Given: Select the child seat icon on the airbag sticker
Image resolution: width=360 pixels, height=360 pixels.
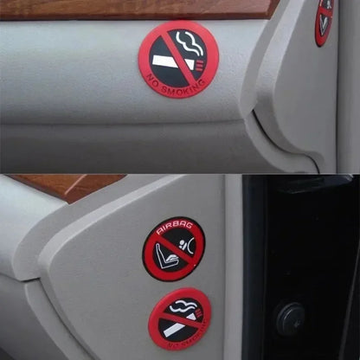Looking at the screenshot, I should pos(165,255).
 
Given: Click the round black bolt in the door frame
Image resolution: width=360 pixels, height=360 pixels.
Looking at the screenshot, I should pos(290,318).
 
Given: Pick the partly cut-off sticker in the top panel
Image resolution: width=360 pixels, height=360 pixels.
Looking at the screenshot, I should pos(324,21).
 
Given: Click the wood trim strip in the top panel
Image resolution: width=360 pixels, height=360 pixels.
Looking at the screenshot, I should pos(130,8).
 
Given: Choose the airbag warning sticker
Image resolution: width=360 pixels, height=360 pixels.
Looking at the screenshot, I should pos(173,249).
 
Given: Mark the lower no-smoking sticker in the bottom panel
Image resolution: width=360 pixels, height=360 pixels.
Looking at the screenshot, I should pos(178,320).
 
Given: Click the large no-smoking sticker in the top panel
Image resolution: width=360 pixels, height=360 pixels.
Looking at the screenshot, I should pos(178,59).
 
